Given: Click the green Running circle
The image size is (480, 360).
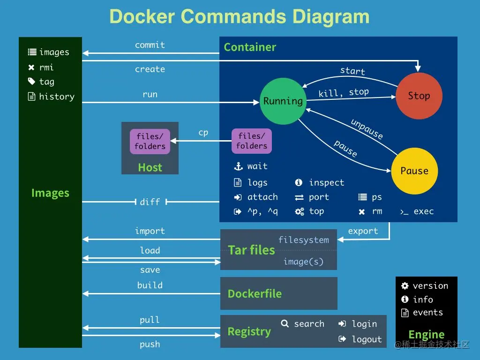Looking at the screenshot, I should [283, 101].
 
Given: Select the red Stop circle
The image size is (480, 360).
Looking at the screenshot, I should [419, 96].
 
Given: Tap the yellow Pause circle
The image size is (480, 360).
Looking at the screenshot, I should [414, 171].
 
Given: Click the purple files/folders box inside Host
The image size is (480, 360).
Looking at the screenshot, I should [150, 142].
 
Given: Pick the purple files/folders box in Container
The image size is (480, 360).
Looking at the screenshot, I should [252, 141].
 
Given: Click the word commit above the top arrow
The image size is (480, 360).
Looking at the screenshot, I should [150, 45].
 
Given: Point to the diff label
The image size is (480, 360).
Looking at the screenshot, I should [150, 202].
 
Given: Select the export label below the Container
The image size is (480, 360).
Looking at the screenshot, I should [363, 231].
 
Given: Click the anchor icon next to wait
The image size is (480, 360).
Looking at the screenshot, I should [238, 166].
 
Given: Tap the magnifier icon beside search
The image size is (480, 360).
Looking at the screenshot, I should [285, 323].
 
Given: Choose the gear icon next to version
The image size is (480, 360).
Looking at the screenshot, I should [405, 286].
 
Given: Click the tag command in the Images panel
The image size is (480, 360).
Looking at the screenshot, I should [46, 82].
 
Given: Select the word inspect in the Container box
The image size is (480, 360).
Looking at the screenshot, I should [326, 183].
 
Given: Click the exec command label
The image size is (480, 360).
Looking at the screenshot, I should [423, 211].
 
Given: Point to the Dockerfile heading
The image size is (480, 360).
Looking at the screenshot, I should [255, 294].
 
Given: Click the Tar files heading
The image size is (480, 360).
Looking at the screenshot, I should [251, 250].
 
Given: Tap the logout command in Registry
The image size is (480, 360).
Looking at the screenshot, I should [367, 339].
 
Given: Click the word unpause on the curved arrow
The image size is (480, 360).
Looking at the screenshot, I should [367, 129].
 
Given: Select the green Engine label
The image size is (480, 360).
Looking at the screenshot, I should [426, 335].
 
